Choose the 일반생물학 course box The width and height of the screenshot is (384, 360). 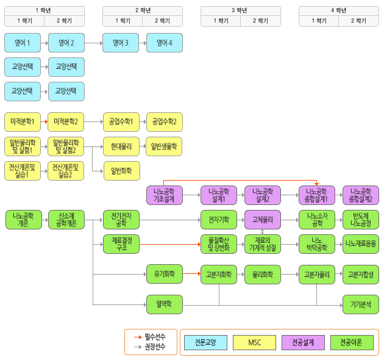(164, 146)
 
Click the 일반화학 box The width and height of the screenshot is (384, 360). (121, 170)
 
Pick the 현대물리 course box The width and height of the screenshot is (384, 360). (121, 146)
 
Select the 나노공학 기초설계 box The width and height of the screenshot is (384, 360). (164, 195)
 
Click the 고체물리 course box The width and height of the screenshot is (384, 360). (263, 219)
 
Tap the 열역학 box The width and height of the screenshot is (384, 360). (164, 303)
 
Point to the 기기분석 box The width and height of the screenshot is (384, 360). (361, 303)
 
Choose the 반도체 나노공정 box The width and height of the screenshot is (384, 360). (361, 219)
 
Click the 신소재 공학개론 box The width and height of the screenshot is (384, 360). (66, 219)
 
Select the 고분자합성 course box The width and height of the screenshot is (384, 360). (361, 275)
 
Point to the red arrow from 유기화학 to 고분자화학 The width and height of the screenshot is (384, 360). (191, 275)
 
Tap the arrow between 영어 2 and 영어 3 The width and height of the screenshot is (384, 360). (93, 43)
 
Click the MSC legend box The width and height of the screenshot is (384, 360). (254, 342)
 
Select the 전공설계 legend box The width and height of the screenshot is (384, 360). (303, 342)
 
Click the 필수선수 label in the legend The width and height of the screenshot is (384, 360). (155, 336)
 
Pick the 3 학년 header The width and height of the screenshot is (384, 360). (241, 10)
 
